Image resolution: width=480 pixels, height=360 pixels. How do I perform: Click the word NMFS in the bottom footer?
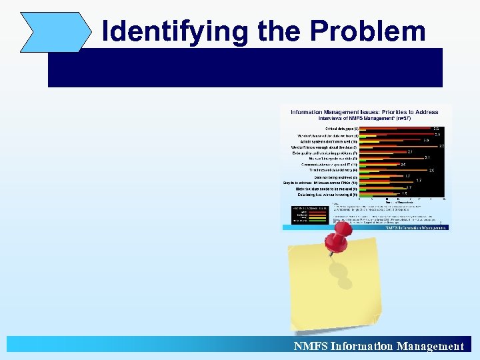pyautogui.click(x=310, y=346)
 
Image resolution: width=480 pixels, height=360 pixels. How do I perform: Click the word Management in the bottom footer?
pyautogui.click(x=430, y=346)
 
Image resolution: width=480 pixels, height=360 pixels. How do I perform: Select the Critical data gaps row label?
pyautogui.click(x=341, y=128)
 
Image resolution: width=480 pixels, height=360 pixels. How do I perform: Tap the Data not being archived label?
pyautogui.click(x=336, y=177)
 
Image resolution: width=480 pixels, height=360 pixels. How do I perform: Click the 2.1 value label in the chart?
pyautogui.click(x=410, y=152)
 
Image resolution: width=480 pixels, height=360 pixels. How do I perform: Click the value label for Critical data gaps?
pyautogui.click(x=435, y=128)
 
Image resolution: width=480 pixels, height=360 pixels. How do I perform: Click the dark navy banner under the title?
pyautogui.click(x=245, y=67)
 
